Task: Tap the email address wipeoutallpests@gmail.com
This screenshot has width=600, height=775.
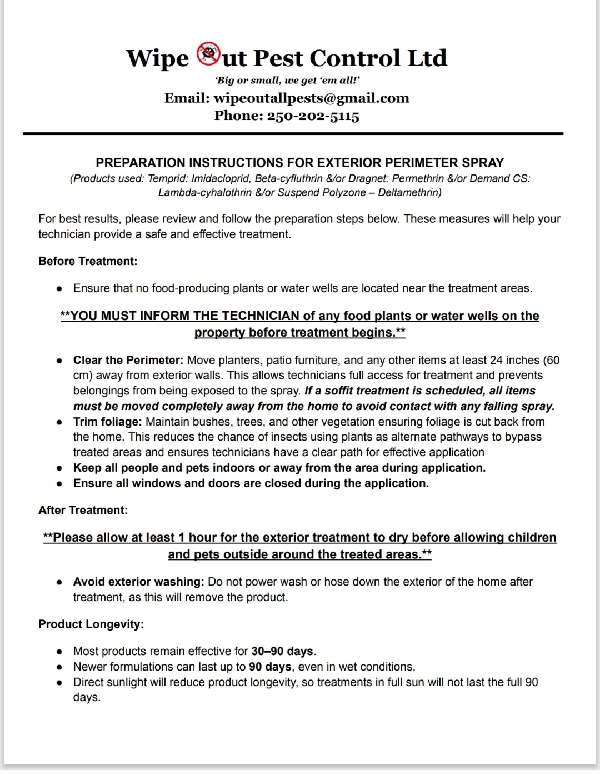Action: tap(311, 98)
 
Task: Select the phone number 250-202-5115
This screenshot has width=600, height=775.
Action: tap(313, 116)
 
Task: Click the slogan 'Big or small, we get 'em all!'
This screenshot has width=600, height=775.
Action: tap(287, 81)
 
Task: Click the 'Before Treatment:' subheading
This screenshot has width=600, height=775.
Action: tap(88, 261)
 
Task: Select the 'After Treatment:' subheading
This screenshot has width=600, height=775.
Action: tap(83, 510)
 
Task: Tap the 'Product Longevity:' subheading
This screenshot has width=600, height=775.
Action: tap(91, 624)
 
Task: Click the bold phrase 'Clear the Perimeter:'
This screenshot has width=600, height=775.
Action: tap(128, 360)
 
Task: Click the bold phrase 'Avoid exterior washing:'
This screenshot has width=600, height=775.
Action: tap(139, 582)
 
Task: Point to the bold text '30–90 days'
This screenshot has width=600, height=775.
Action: tap(282, 651)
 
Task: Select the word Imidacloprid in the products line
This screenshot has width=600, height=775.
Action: tap(221, 178)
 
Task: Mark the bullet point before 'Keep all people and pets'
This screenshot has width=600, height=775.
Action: tap(59, 468)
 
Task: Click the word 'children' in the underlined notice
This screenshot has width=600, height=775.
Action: tap(527, 537)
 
